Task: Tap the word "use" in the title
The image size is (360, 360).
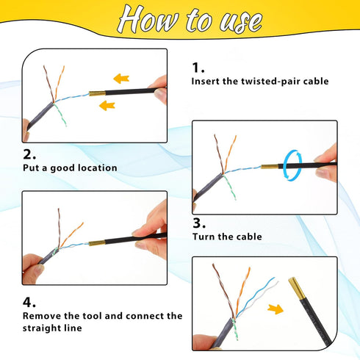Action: (x=242, y=21)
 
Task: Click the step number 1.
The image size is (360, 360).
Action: (x=198, y=68)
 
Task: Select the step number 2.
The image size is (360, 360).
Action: (x=29, y=154)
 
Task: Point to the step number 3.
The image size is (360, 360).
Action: (x=199, y=223)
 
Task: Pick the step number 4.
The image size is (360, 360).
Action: (x=29, y=302)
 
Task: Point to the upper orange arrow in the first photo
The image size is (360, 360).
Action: (x=121, y=79)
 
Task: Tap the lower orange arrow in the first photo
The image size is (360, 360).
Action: (x=107, y=105)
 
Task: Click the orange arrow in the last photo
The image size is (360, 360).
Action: (x=276, y=309)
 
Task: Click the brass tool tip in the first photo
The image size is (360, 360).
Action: (x=97, y=93)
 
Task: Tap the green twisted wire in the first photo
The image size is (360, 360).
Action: (x=60, y=115)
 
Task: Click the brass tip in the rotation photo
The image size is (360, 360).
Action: (x=270, y=167)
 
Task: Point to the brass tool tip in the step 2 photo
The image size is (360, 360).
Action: (x=97, y=243)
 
